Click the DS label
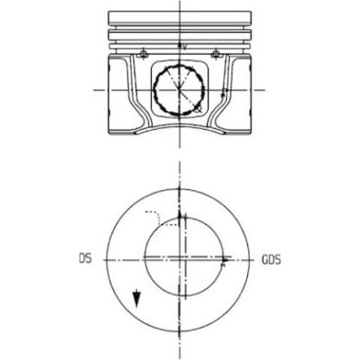point(84,259)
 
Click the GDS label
point(271,260)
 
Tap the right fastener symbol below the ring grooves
point(216,55)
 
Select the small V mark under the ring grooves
point(183,46)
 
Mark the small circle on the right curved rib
point(223,95)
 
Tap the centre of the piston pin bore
point(179,90)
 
